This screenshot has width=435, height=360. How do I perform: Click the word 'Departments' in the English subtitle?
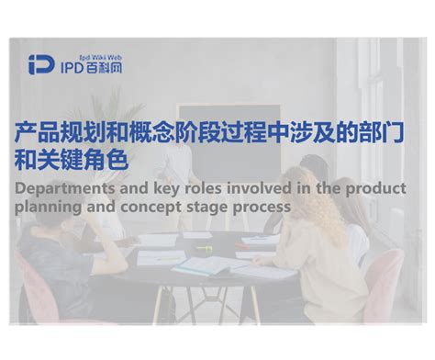tap(62, 189)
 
